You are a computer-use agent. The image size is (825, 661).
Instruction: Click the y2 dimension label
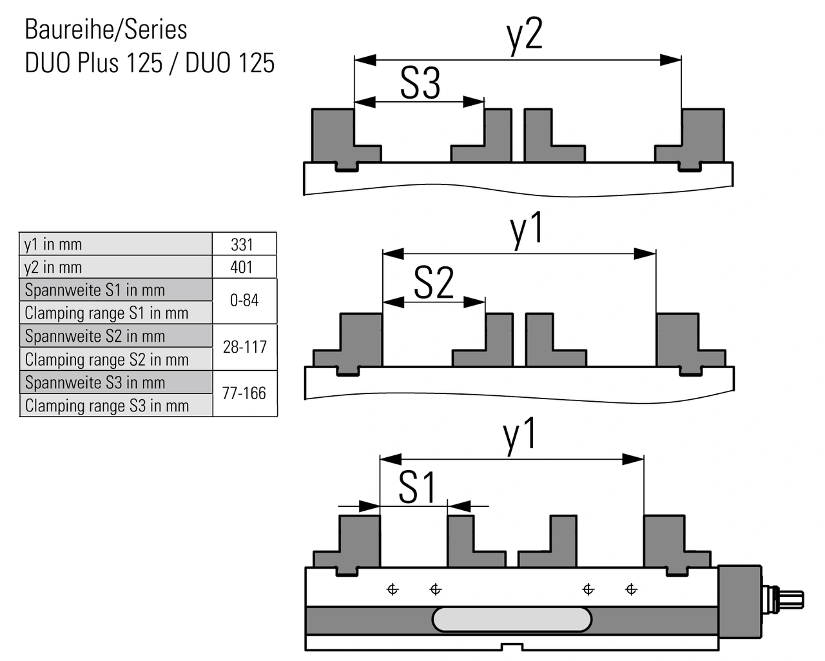point(525,35)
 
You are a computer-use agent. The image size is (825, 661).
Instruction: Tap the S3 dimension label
point(420,83)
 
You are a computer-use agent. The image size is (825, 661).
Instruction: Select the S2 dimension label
point(433,283)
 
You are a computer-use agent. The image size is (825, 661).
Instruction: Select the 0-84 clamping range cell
point(244,301)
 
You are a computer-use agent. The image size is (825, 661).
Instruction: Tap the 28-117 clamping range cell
point(244,347)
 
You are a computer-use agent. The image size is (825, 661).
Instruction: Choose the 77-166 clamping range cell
point(244,393)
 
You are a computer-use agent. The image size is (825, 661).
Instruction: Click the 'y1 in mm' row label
point(53,244)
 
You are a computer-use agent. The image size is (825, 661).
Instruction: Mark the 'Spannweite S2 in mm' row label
point(95,336)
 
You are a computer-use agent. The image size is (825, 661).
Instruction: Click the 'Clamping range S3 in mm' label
point(107,406)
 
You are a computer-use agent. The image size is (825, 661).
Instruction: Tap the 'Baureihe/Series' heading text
point(106,30)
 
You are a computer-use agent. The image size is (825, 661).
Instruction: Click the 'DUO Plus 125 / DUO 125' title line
point(150,63)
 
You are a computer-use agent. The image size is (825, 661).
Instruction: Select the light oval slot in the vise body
point(512,619)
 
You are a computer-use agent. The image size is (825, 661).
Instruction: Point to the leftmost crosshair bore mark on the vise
point(393,589)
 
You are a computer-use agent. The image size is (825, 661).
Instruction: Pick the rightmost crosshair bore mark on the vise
point(631,589)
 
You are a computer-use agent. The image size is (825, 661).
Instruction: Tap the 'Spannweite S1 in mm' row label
point(95,290)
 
